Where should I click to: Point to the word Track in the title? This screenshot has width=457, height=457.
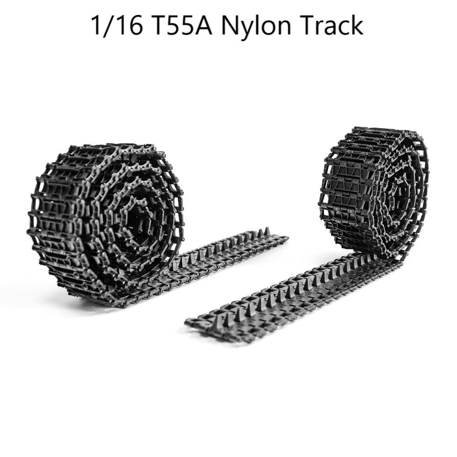(x=331, y=25)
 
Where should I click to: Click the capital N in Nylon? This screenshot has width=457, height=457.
(x=230, y=25)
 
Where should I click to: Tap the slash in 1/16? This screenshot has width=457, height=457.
(x=108, y=25)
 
